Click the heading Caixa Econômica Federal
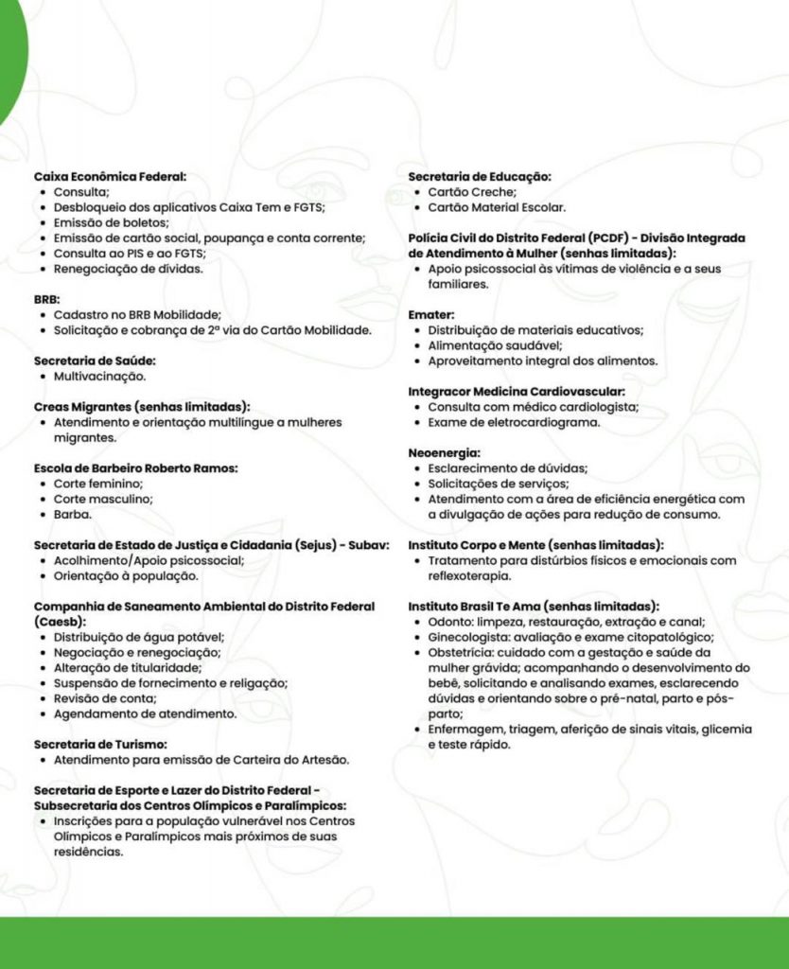point(110,176)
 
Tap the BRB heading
point(46,299)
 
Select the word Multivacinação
point(99,376)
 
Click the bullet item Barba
point(72,514)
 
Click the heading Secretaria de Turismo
point(100,744)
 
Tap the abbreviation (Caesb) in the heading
point(60,622)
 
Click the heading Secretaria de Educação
point(480,176)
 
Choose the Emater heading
point(431,314)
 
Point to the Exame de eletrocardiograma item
point(514,422)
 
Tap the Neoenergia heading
point(445,453)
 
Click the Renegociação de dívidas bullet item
point(128,268)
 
